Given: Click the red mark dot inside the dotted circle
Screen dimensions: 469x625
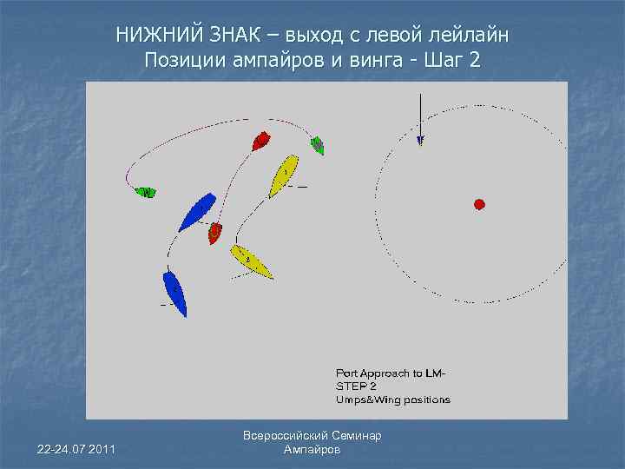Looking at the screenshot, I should (x=478, y=204).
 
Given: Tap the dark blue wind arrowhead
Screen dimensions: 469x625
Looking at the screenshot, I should (x=420, y=138).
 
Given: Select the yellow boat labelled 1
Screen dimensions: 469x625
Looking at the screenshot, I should (x=283, y=175).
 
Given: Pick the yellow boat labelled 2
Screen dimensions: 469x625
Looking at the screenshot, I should (x=252, y=261).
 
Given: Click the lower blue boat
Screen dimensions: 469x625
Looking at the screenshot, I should (x=174, y=293).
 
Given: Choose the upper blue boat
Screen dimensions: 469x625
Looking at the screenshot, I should (x=197, y=211).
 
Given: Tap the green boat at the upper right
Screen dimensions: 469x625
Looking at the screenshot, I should (x=318, y=145).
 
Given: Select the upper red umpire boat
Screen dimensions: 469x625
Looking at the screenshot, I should (x=261, y=140).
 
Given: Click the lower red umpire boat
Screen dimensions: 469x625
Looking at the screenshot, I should (x=214, y=232).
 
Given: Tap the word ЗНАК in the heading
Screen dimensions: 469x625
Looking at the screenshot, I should (x=233, y=36).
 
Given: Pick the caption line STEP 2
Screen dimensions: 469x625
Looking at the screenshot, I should (x=357, y=386).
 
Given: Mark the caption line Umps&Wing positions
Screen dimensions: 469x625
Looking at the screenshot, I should (x=393, y=400).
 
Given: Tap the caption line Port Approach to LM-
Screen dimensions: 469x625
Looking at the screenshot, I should (x=391, y=373).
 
